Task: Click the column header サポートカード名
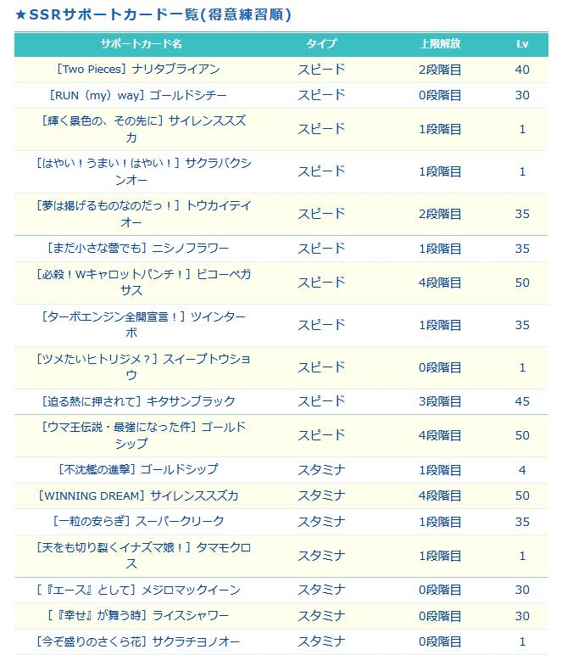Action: (141, 44)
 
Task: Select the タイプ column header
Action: (321, 44)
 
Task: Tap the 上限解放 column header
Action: (440, 44)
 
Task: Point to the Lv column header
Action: (522, 44)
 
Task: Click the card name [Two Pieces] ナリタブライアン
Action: (138, 70)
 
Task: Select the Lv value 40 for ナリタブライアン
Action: (522, 70)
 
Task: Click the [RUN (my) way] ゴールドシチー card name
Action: (138, 95)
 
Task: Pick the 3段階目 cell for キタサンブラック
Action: (440, 401)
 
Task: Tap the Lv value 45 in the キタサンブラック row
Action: (522, 401)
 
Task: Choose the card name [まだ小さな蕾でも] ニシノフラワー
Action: (138, 248)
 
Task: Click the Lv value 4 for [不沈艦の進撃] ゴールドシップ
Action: (522, 470)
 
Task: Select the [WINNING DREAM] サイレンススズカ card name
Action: (138, 495)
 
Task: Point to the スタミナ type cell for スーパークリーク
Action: (321, 522)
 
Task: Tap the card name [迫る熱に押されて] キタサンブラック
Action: (138, 401)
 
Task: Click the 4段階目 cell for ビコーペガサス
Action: (440, 283)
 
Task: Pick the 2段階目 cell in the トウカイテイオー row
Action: (440, 214)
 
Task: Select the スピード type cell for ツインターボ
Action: (321, 325)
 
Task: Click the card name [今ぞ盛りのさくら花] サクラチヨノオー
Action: (138, 641)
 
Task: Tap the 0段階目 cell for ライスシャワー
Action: (440, 616)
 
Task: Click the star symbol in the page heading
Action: (20, 15)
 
